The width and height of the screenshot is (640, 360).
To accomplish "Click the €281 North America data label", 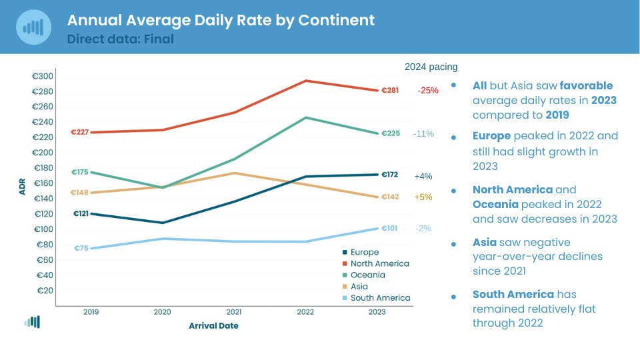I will click(390, 91).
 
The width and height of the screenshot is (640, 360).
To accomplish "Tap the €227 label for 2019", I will click(80, 132).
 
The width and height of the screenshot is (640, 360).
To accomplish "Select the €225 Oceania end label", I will click(391, 133).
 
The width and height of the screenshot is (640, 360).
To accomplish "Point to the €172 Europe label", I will click(389, 175).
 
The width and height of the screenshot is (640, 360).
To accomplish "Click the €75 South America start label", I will click(81, 249).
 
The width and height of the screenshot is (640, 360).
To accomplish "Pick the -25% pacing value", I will click(428, 91).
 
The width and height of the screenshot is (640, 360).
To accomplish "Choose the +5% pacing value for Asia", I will click(423, 197).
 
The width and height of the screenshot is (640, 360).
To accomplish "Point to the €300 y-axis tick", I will click(43, 76).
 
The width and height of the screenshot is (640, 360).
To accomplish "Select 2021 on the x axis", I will click(234, 311).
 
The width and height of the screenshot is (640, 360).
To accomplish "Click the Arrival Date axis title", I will click(213, 326).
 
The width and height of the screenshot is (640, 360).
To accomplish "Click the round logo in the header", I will click(33, 27).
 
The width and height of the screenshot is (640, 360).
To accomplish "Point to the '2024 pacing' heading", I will click(431, 67).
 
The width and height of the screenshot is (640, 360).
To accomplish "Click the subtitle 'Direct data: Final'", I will click(120, 39).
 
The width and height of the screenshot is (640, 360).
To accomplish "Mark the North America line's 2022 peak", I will click(306, 81).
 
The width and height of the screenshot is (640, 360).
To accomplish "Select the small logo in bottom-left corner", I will click(32, 322).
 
